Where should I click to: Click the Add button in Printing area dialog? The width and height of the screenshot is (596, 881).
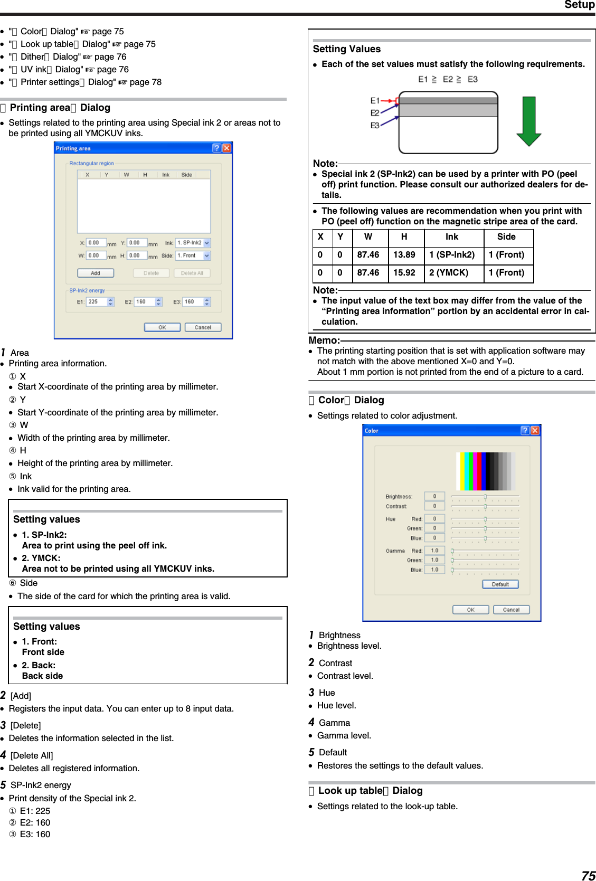[x=96, y=273]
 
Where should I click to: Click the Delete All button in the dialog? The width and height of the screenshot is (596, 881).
[x=192, y=273]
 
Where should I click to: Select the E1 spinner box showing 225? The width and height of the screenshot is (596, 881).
[x=98, y=302]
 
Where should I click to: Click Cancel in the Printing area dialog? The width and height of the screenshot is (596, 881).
[x=203, y=327]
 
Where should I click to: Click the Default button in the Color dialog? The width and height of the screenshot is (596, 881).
[x=500, y=584]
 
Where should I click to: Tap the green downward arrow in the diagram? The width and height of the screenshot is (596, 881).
[x=528, y=121]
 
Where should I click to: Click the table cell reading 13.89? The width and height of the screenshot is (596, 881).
[x=404, y=255]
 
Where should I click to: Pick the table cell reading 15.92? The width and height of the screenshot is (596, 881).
[x=404, y=273]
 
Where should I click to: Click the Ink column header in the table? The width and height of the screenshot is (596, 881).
[x=452, y=237]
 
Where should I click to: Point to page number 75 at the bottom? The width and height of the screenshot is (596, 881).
[x=588, y=875]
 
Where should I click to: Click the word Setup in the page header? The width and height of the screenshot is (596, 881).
[x=579, y=5]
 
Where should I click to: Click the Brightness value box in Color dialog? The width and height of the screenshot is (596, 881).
[x=434, y=496]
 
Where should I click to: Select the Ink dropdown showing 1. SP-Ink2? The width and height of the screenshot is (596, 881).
[x=193, y=243]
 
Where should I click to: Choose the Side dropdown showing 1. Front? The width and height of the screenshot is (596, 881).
[x=193, y=255]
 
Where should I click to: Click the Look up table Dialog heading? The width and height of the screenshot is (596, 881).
[x=370, y=791]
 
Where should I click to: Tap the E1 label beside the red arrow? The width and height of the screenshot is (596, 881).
[x=375, y=100]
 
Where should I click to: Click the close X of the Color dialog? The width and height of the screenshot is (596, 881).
[x=535, y=431]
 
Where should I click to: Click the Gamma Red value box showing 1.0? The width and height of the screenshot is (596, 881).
[x=434, y=551]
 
